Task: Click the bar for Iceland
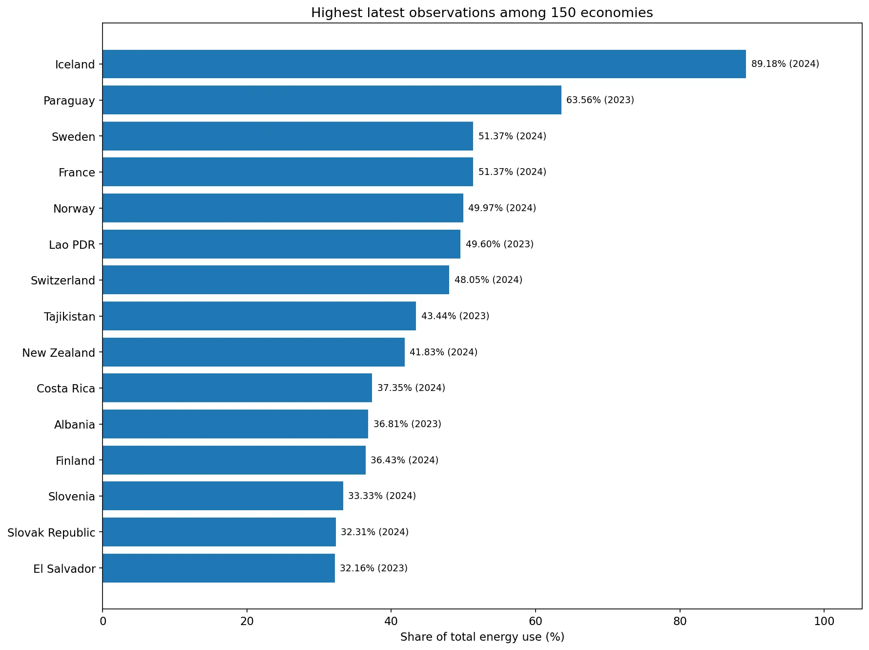tap(424, 64)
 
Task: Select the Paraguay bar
tap(332, 100)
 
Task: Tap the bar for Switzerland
tap(276, 280)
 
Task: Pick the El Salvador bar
tap(219, 568)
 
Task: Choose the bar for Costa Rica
tap(237, 388)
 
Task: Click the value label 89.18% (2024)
tap(785, 64)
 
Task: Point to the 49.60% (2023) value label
tap(499, 244)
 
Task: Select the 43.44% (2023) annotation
tap(455, 316)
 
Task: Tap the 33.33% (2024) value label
tap(382, 496)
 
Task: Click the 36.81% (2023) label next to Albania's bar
tap(407, 424)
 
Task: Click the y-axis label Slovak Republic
tap(51, 533)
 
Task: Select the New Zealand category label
tap(59, 353)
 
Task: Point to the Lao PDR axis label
tap(72, 245)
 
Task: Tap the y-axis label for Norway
tap(74, 209)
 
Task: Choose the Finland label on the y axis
tap(75, 461)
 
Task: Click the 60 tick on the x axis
tap(536, 621)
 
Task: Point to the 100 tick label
tap(824, 621)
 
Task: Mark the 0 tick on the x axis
tap(103, 621)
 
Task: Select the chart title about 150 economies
tap(482, 13)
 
